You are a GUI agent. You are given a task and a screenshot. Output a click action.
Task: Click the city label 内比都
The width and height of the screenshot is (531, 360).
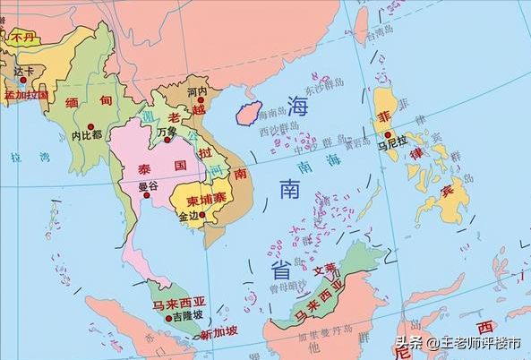click(87, 135)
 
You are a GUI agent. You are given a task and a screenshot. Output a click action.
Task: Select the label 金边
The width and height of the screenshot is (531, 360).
click(190, 216)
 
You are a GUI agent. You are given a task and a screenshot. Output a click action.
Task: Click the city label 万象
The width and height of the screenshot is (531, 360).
click(167, 133)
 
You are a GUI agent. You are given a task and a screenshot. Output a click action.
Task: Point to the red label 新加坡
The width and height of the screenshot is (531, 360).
click(218, 334)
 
